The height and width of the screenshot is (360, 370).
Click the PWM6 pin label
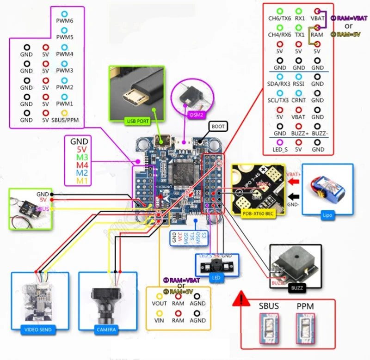tap(65, 21)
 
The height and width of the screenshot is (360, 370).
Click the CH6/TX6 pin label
tap(280, 18)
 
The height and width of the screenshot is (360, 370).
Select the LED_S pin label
tap(280, 150)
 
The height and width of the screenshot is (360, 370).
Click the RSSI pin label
tap(299, 84)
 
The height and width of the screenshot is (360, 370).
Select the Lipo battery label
tap(327, 215)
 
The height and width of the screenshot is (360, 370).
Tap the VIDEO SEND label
tap(39, 329)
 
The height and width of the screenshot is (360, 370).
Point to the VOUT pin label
tap(159, 304)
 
